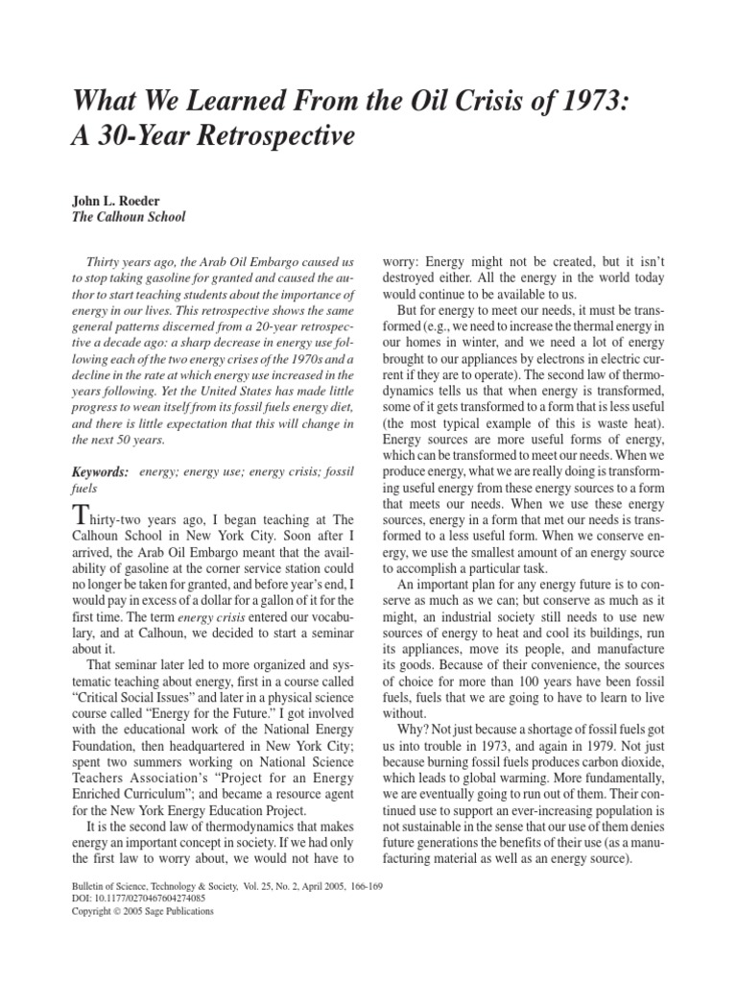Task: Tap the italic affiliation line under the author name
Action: [129, 217]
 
